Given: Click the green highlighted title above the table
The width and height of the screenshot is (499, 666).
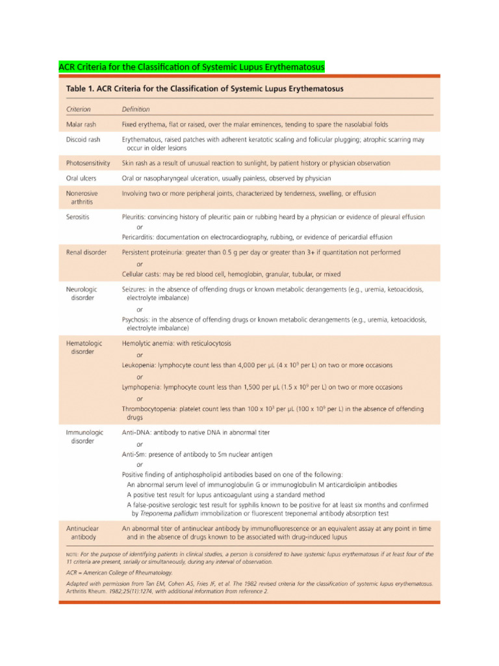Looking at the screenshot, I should click(x=192, y=67).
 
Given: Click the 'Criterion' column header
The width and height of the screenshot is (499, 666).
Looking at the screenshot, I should click(x=79, y=109).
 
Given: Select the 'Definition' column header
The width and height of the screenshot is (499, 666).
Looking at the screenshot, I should click(x=136, y=109).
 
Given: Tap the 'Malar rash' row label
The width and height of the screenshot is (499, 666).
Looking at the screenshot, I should click(x=83, y=124).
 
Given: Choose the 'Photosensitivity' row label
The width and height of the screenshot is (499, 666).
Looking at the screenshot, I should click(x=88, y=163).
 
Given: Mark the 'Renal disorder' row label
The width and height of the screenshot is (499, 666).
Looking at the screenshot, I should click(x=86, y=252).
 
